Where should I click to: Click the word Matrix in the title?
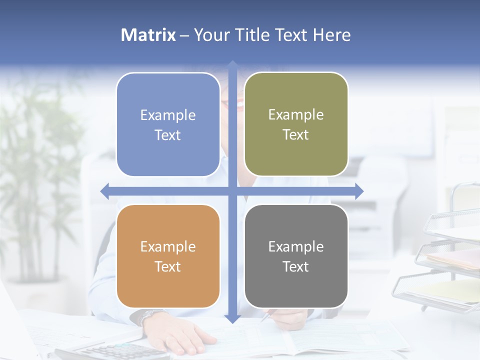coord(148,35)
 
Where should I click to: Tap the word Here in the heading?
coord(331,35)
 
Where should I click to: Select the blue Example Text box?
coord(168,124)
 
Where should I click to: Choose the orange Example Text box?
coord(168,256)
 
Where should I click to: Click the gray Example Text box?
coord(296,256)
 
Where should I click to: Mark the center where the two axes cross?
coord(232,191)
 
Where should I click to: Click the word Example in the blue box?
coord(168,115)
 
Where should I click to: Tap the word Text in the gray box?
coord(296,266)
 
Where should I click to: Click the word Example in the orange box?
coord(168,246)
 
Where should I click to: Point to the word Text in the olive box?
coord(296,134)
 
